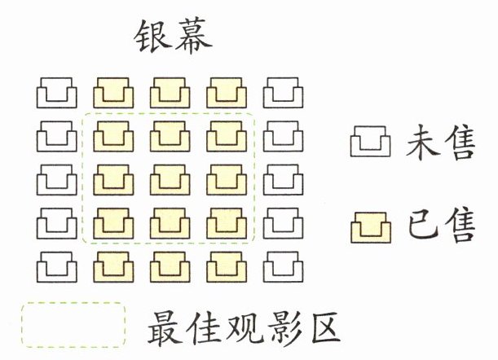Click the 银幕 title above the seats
tap(170, 37)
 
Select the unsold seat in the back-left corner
tap(56, 266)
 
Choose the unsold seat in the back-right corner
tap(283, 266)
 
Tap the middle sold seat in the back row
tap(170, 266)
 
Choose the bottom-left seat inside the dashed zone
tap(113, 222)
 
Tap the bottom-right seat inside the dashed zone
tap(226, 222)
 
